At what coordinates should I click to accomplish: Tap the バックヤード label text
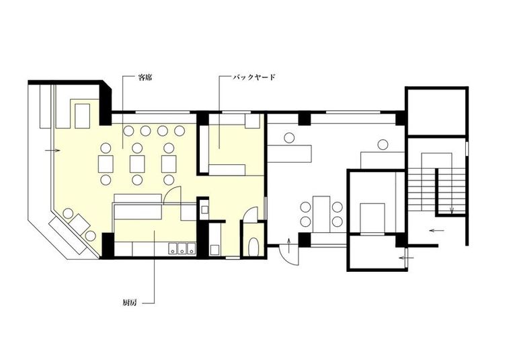pyautogui.click(x=254, y=77)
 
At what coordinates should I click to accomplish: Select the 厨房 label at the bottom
pyautogui.click(x=130, y=303)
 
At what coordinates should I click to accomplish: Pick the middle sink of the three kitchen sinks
pyautogui.click(x=182, y=249)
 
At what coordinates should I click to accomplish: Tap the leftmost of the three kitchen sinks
pyautogui.click(x=172, y=249)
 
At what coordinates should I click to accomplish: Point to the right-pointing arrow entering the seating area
pyautogui.click(x=52, y=151)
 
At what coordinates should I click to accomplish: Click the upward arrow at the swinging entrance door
pyautogui.click(x=290, y=246)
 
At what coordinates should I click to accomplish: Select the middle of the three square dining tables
pyautogui.click(x=137, y=164)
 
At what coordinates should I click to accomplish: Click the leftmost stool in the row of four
pyautogui.click(x=129, y=131)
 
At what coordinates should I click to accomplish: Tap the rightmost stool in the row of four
pyautogui.click(x=179, y=131)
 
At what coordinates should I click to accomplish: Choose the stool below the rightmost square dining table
pyautogui.click(x=169, y=180)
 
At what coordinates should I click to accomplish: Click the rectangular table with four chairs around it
pyautogui.click(x=321, y=214)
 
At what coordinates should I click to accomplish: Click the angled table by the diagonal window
pyautogui.click(x=79, y=223)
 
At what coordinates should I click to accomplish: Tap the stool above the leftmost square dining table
pyautogui.click(x=106, y=148)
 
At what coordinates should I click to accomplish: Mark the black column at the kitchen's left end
pyautogui.click(x=108, y=245)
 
